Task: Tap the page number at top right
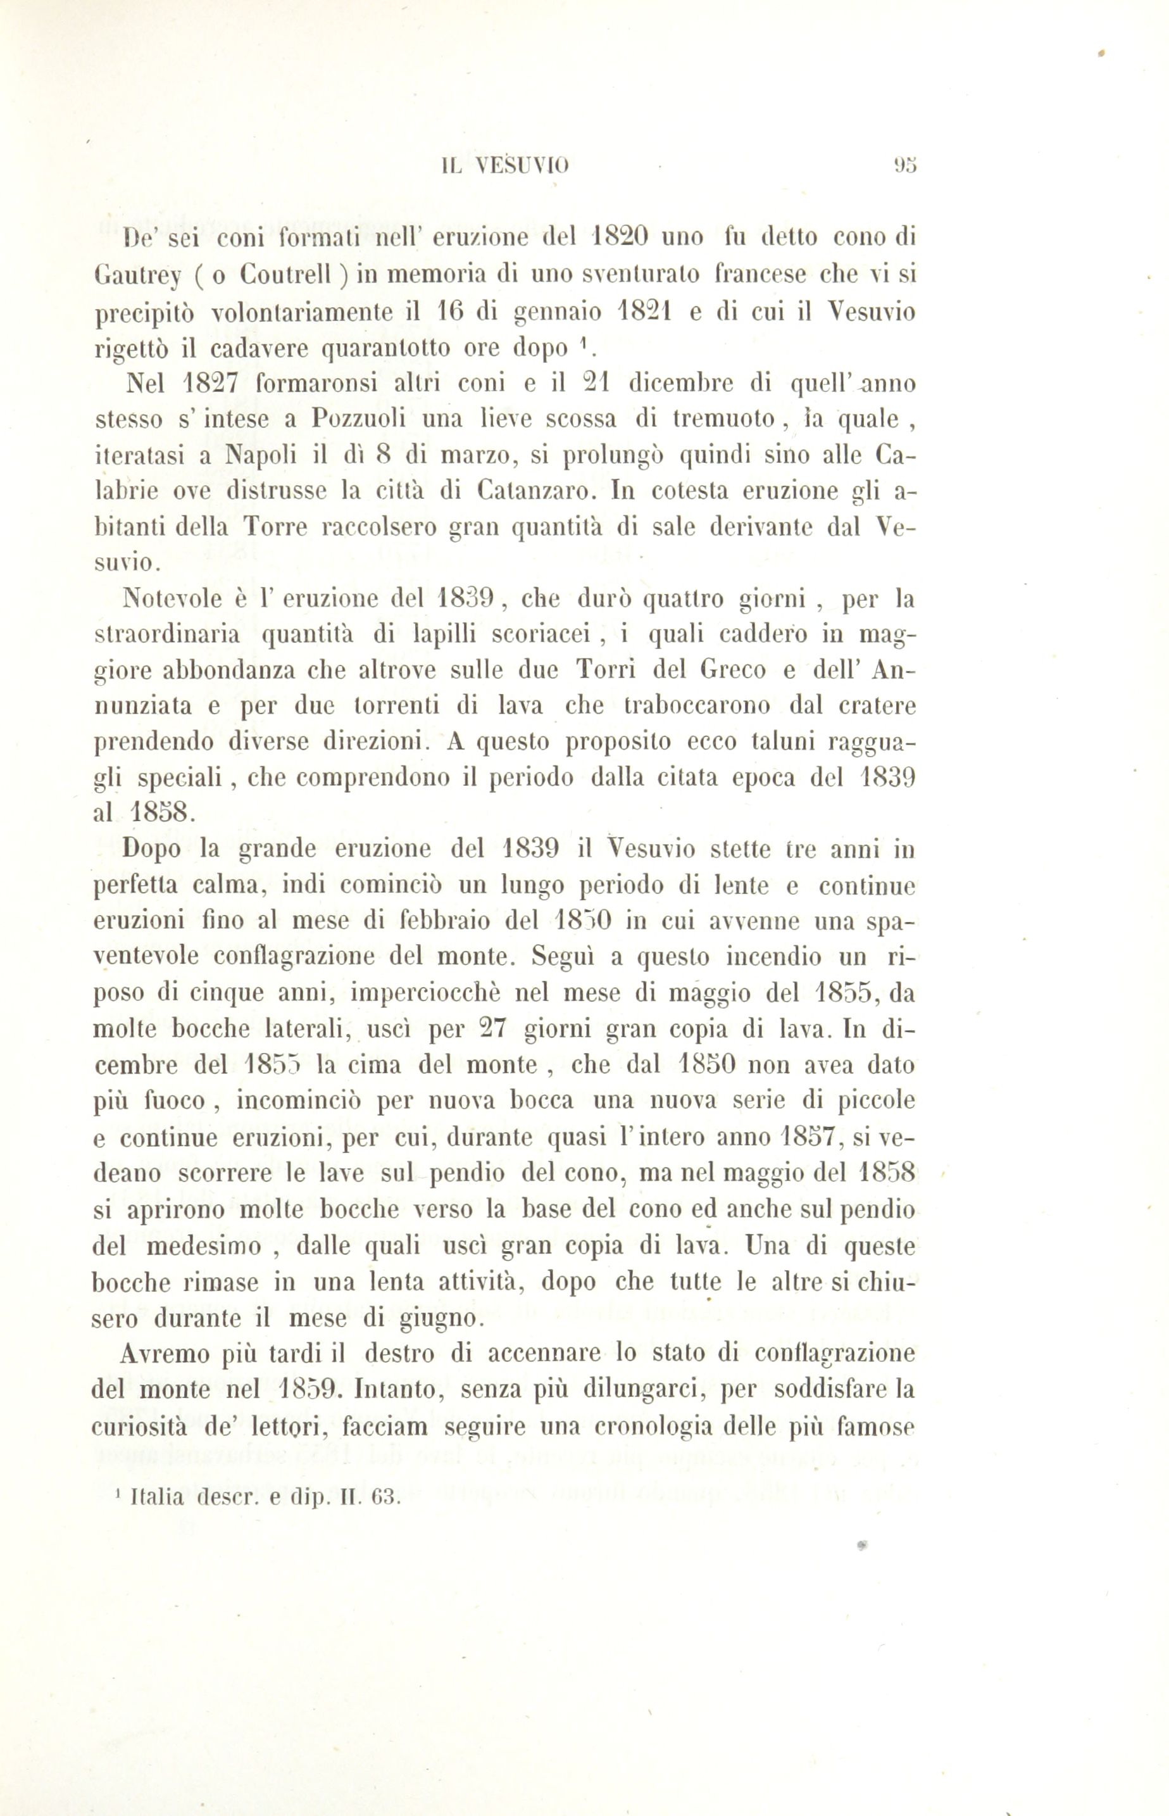(906, 165)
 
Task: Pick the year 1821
(641, 312)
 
